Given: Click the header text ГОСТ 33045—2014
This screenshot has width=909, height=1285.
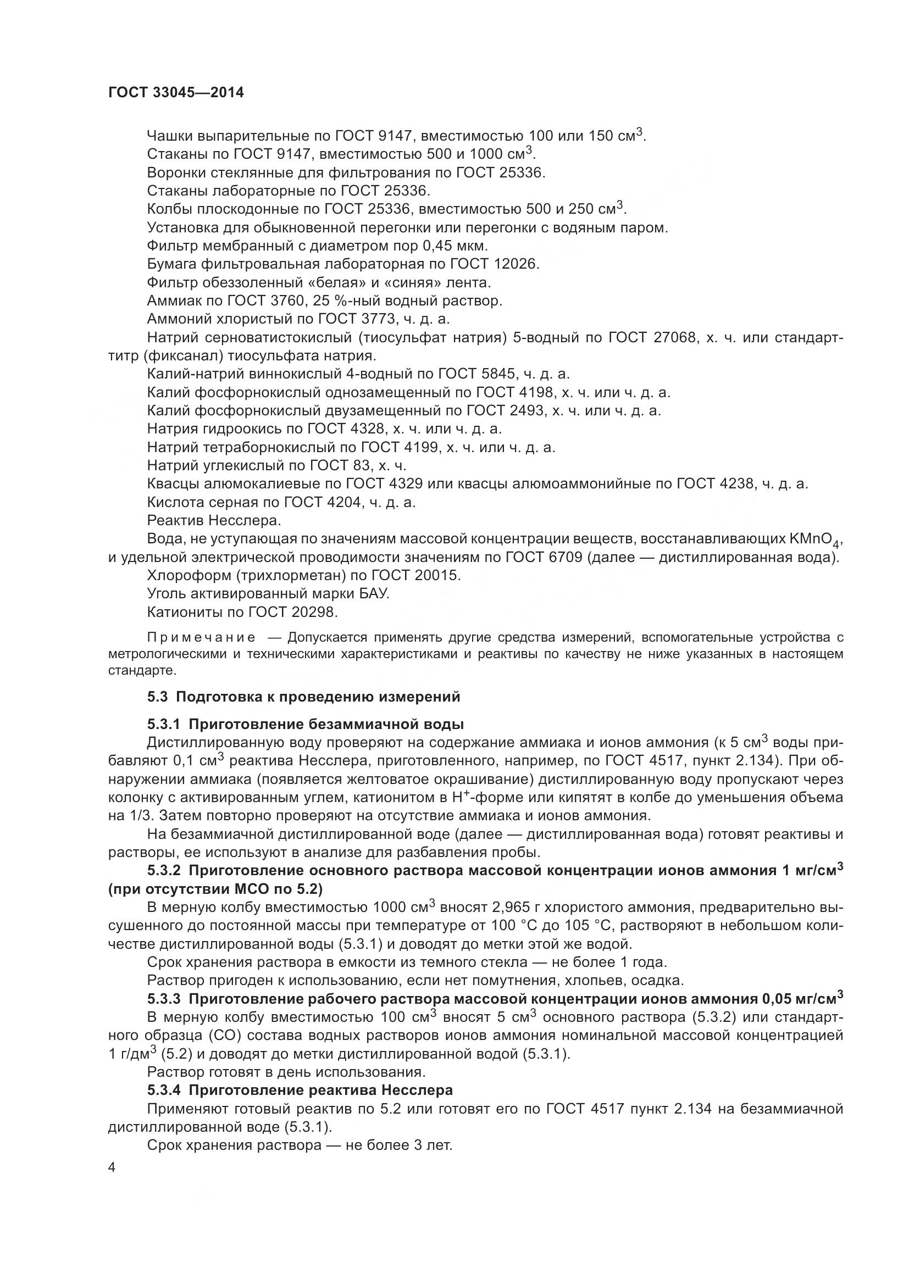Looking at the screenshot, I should pos(176,93).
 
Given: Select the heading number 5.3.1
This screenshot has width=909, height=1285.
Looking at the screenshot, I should pos(163,725).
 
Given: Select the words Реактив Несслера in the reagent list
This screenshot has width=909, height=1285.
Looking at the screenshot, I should pos(213,520).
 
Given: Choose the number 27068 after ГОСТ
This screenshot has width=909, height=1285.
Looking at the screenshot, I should pos(675,337).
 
